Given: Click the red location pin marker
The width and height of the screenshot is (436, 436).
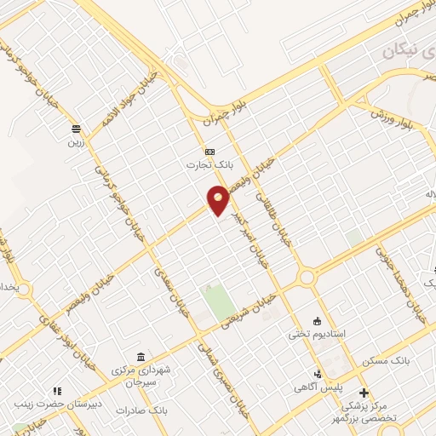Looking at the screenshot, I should point(219,200).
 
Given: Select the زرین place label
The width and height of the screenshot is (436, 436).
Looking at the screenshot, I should point(77,143).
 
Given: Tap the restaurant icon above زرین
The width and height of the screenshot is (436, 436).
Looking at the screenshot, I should point(77,129).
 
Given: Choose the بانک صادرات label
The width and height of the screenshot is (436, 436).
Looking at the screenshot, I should point(170,410).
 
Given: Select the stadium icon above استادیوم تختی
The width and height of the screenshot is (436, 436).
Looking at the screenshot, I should point(318,321).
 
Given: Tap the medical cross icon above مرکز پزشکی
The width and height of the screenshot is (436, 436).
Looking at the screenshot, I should point(364,393).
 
